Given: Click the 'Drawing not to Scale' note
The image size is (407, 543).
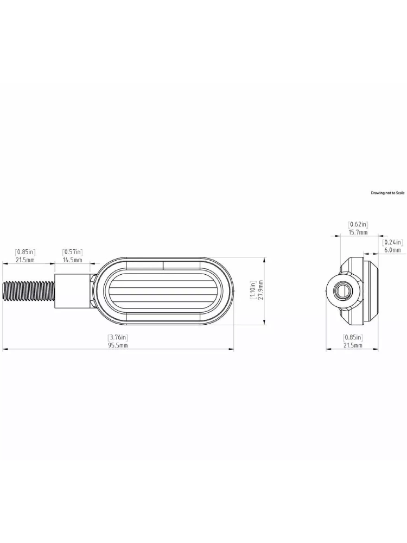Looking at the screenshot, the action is pos(387,193).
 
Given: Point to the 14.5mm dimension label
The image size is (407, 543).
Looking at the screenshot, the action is pos(72,260).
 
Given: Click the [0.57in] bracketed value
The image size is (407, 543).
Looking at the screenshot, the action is pos(72,252).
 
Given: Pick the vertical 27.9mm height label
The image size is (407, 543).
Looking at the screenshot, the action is pos(260,291).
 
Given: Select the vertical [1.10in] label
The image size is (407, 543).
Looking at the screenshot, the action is pos(252,291).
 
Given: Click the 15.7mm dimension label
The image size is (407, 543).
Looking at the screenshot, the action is pos(358,232).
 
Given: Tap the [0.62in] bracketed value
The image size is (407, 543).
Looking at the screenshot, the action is pos(358,224).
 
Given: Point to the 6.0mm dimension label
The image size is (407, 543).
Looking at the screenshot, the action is pos(393,250).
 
